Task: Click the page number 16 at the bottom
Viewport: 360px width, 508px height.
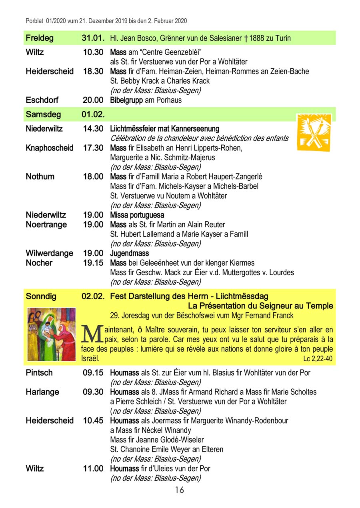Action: click(179, 490)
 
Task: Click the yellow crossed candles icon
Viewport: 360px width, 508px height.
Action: click(314, 132)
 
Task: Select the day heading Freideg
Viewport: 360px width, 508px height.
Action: click(39, 38)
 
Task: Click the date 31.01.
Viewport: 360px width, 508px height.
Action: click(93, 38)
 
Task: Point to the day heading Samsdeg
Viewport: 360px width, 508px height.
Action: click(43, 114)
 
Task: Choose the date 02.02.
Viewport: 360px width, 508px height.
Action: click(93, 296)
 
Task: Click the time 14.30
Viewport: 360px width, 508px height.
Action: click(93, 129)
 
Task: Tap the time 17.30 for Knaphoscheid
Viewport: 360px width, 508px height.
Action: click(93, 148)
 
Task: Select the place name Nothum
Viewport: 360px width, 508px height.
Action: click(40, 177)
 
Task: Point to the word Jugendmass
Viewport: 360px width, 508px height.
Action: click(129, 253)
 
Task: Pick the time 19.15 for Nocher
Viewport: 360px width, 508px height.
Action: click(93, 263)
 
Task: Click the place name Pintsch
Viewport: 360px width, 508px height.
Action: click(39, 373)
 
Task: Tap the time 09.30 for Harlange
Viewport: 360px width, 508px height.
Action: click(93, 392)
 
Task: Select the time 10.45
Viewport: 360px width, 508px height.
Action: click(93, 420)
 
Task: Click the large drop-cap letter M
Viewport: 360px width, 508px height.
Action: click(92, 334)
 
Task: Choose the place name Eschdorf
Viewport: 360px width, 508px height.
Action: click(42, 100)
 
